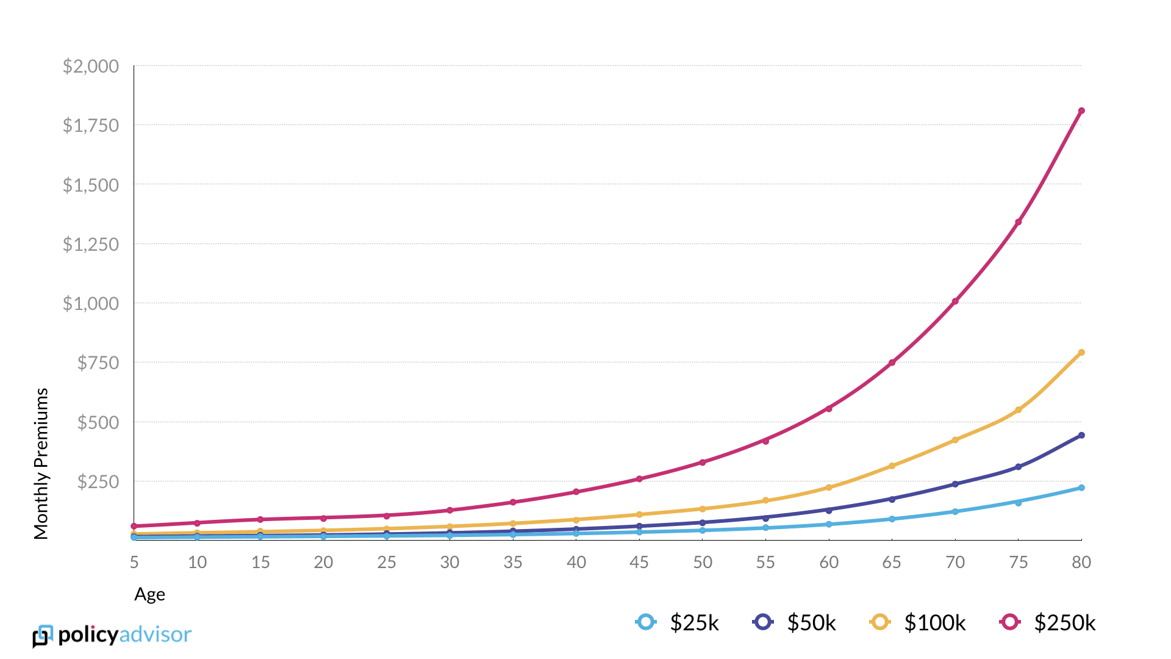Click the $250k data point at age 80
click(1081, 111)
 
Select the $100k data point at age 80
click(1081, 353)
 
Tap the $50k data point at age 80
click(1081, 436)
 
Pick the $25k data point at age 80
click(1081, 488)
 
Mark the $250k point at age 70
click(955, 301)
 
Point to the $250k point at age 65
click(892, 363)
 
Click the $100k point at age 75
click(1018, 410)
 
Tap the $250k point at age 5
click(134, 526)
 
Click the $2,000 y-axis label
click(91, 66)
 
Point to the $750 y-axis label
click(98, 363)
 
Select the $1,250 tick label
click(91, 244)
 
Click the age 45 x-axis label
click(639, 562)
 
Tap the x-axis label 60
click(829, 562)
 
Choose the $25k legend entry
click(677, 622)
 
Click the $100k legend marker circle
click(880, 622)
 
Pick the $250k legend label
click(1065, 622)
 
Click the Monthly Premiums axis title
click(41, 464)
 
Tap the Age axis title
click(149, 594)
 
